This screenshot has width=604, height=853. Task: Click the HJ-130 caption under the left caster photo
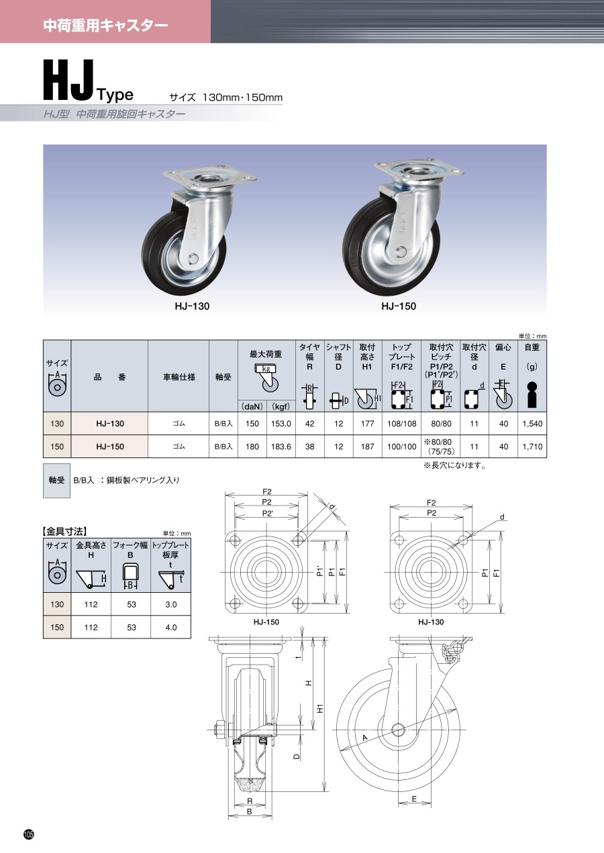[x=192, y=306]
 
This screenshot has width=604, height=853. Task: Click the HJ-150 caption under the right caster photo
[x=399, y=306]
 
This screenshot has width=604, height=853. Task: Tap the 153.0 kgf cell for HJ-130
[x=281, y=423]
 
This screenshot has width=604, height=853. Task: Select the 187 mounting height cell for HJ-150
[x=367, y=447]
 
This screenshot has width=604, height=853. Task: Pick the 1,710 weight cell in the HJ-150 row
[x=532, y=447]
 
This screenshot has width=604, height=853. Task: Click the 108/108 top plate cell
[x=401, y=423]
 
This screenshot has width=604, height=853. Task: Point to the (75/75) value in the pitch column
[x=442, y=451]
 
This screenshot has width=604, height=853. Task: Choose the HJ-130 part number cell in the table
[x=110, y=423]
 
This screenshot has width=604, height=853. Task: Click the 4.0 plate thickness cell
[x=171, y=627]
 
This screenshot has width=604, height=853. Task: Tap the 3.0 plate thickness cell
[x=171, y=604]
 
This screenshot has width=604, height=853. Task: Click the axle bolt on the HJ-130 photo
[x=193, y=259]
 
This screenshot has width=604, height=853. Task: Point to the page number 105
[x=29, y=834]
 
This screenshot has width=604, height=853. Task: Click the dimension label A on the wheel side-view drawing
[x=364, y=738]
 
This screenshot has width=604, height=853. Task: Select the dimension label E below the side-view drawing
[x=414, y=799]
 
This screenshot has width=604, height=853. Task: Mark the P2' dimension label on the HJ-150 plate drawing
[x=268, y=514]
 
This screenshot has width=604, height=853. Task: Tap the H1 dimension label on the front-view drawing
[x=321, y=708]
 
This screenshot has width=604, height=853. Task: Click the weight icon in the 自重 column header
[x=532, y=394]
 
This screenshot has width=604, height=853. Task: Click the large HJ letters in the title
[x=68, y=80]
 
